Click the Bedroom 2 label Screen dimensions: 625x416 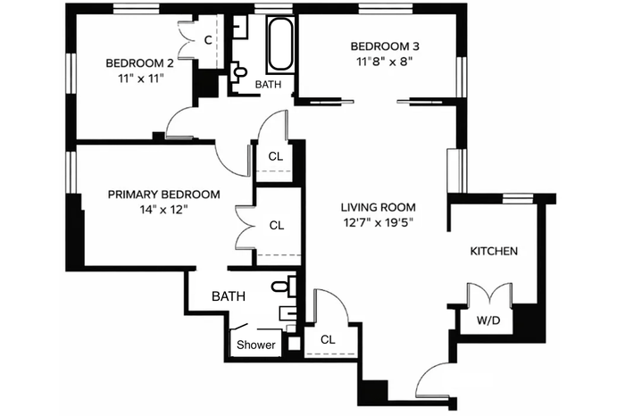139,63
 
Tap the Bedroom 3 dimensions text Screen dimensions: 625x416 384,62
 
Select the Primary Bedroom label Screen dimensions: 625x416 163,195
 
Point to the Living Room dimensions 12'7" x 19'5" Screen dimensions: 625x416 378,222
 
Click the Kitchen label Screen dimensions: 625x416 494,251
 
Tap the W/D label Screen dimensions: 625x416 488,320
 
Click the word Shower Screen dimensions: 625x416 256,345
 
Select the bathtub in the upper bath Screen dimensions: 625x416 280,45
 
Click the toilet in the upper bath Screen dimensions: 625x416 238,72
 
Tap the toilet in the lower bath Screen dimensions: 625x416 283,287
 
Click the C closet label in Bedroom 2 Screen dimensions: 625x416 208,40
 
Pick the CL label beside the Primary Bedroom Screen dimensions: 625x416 277,226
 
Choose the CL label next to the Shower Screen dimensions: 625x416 328,339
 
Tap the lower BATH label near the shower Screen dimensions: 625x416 229,296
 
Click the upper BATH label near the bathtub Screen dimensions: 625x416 268,85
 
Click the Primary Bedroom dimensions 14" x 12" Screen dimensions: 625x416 163,210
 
